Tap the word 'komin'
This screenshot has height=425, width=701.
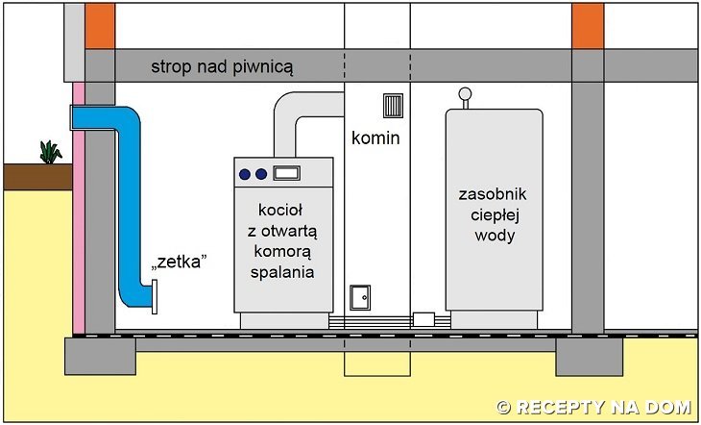pyautogui.click(x=375, y=138)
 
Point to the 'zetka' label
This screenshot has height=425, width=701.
pyautogui.click(x=181, y=263)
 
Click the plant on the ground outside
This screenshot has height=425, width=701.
pyautogui.click(x=50, y=151)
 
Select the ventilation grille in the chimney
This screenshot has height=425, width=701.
pyautogui.click(x=393, y=106)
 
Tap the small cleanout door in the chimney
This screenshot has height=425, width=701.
pyautogui.click(x=360, y=297)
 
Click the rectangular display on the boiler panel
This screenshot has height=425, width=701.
pyautogui.click(x=286, y=173)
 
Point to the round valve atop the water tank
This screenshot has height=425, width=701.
pyautogui.click(x=465, y=94)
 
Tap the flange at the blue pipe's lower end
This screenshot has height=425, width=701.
pyautogui.click(x=153, y=295)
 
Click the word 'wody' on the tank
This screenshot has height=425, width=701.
pyautogui.click(x=493, y=235)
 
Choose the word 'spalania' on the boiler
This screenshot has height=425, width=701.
pyautogui.click(x=285, y=273)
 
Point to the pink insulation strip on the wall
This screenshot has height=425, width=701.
pyautogui.click(x=77, y=212)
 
